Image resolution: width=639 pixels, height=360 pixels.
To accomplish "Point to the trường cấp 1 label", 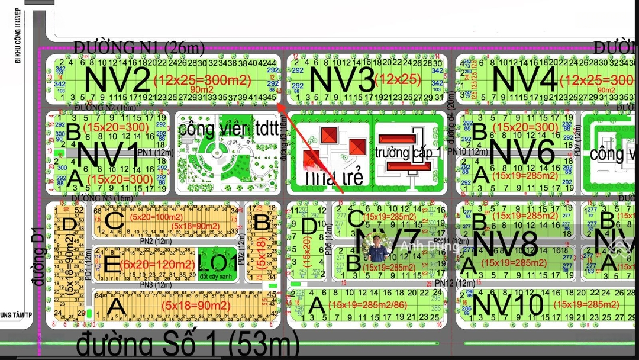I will coord(408,152).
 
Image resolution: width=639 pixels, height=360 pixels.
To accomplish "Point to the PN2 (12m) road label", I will coord(154,240).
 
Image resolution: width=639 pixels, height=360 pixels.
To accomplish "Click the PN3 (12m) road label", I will coord(156,285).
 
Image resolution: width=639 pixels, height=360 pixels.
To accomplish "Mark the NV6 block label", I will coord(522,152).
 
